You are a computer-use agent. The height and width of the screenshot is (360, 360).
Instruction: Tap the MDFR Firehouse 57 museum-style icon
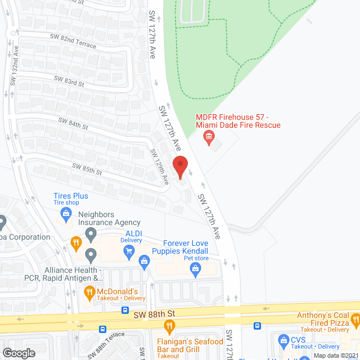(x=209, y=136)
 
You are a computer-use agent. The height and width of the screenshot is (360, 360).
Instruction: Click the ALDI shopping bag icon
(x=145, y=261)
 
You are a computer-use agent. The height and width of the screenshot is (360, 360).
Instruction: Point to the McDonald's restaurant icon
(x=89, y=291)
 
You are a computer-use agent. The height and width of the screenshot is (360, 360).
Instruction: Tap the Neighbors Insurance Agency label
(x=109, y=218)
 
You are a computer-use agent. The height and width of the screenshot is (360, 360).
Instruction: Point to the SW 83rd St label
(x=69, y=82)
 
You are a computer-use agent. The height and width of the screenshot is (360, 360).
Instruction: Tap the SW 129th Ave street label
(x=160, y=166)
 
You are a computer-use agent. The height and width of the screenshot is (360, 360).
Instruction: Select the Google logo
(x=18, y=353)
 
